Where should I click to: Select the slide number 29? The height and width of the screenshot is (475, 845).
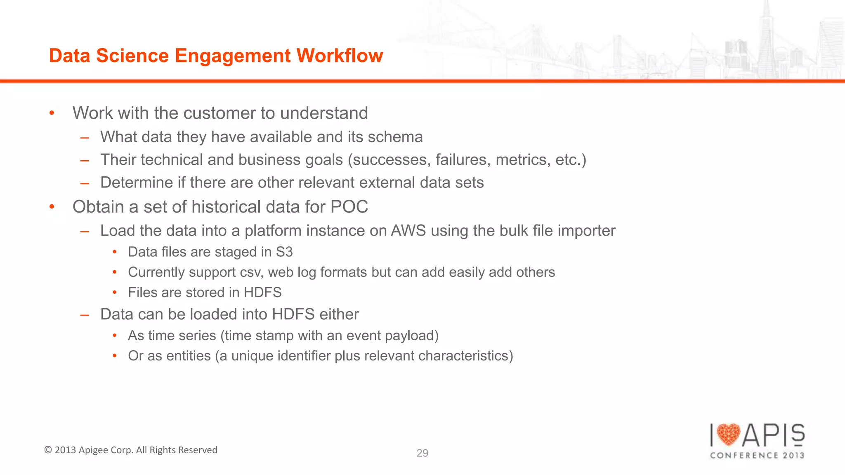click(x=422, y=453)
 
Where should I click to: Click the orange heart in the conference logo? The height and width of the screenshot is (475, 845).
click(x=728, y=435)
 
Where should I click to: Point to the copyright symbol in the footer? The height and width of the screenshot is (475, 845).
click(x=48, y=450)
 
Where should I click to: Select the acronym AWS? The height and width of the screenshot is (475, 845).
click(x=408, y=231)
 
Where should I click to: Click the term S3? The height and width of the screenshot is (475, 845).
click(x=284, y=252)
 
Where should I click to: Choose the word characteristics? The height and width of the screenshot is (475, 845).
click(x=465, y=356)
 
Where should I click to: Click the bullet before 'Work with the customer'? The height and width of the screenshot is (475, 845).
click(x=52, y=113)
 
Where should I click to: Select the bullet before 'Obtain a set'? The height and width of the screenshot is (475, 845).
click(x=52, y=207)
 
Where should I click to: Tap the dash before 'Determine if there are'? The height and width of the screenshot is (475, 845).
click(x=85, y=183)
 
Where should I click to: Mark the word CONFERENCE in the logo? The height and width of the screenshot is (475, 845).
click(x=744, y=455)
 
